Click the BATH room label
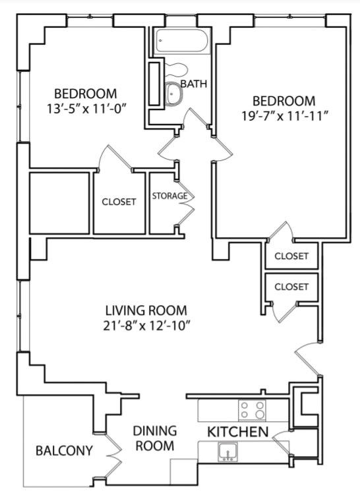click(x=193, y=84)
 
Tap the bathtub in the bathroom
click(x=182, y=43)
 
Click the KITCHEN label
click(x=238, y=432)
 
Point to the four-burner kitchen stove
click(x=252, y=410)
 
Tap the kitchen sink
click(x=227, y=452)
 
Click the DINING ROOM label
click(x=155, y=438)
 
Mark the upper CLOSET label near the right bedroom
click(x=291, y=256)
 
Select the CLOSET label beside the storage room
click(x=119, y=202)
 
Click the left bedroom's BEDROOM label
click(x=86, y=93)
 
